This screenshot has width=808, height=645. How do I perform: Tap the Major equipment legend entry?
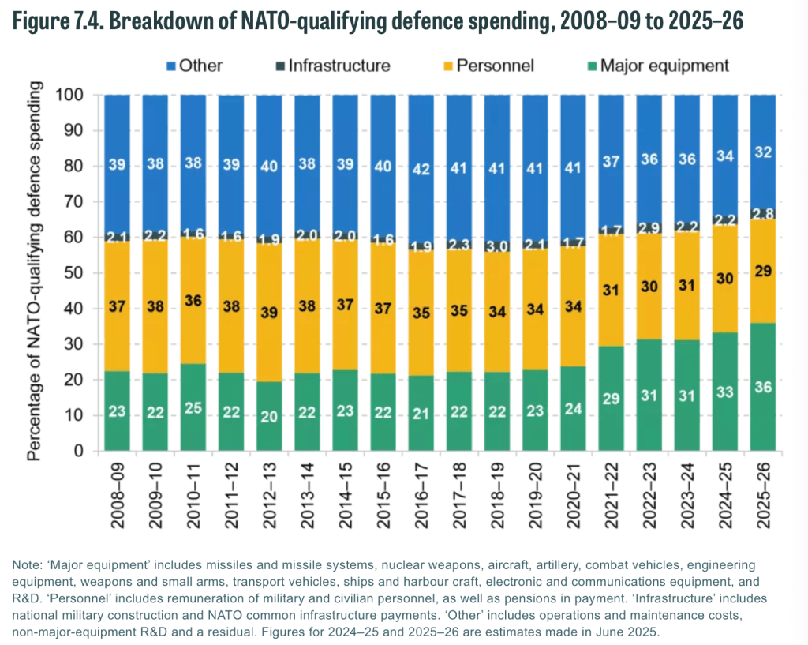pyautogui.click(x=655, y=66)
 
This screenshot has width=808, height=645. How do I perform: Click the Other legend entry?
pyautogui.click(x=192, y=66)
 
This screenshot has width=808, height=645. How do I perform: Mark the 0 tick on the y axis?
pyautogui.click(x=78, y=451)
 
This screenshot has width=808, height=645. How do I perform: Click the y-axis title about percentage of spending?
pyautogui.click(x=36, y=273)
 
